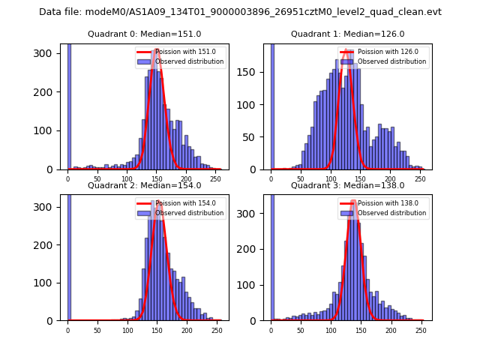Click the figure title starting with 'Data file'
coord(240,12)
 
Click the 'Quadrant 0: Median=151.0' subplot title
coord(144,34)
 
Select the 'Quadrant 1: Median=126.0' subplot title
coord(347,34)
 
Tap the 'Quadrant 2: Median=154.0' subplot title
coord(144,185)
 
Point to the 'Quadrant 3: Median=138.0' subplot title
coord(347,185)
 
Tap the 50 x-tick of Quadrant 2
coord(97,330)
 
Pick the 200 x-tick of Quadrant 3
coord(391,330)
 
